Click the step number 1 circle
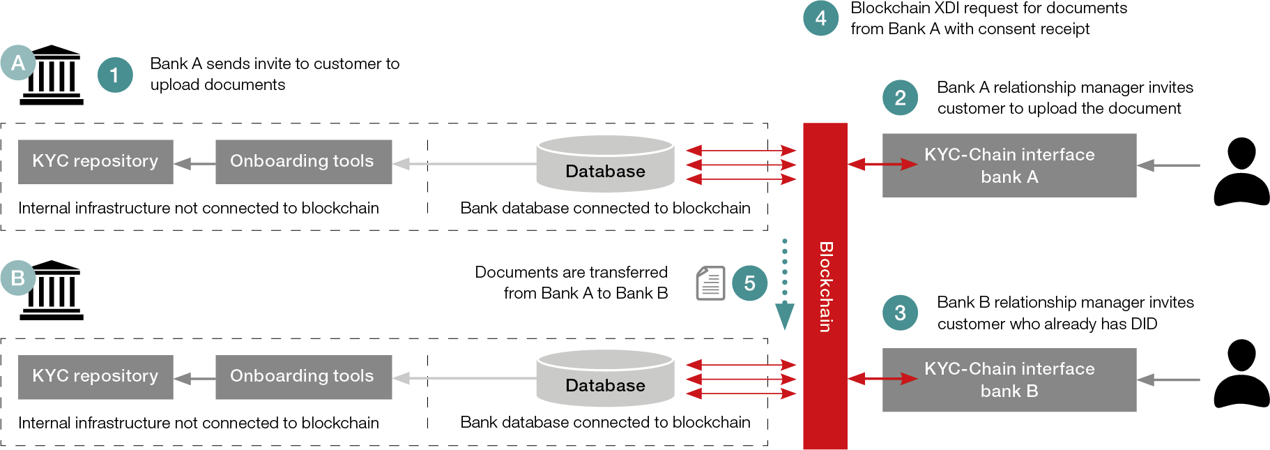(115, 75)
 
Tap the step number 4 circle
(820, 18)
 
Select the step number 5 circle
(749, 283)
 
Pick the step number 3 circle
(900, 313)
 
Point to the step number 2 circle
(900, 98)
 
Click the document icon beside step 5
(710, 283)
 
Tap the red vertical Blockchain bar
(825, 286)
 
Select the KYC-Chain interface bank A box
(1009, 165)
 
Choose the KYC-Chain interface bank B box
(1009, 380)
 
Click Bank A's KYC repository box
(95, 162)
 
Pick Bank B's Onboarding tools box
(303, 377)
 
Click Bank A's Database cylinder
(605, 164)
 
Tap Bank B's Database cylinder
(605, 378)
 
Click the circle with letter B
(18, 278)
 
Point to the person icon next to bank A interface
(1241, 172)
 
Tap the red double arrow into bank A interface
(882, 165)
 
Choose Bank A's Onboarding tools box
(303, 162)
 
